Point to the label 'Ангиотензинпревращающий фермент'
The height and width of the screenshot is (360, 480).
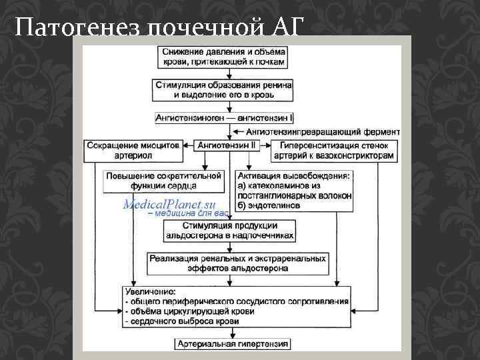[x=323, y=131]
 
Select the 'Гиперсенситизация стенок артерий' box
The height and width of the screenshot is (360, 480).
[x=335, y=150]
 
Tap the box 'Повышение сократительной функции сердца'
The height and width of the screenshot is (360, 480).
[x=163, y=180]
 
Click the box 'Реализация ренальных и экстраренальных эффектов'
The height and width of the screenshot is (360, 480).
[x=238, y=263]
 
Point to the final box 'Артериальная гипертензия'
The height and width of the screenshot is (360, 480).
[x=233, y=344]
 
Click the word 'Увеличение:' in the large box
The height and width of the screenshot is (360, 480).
[x=151, y=292]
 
